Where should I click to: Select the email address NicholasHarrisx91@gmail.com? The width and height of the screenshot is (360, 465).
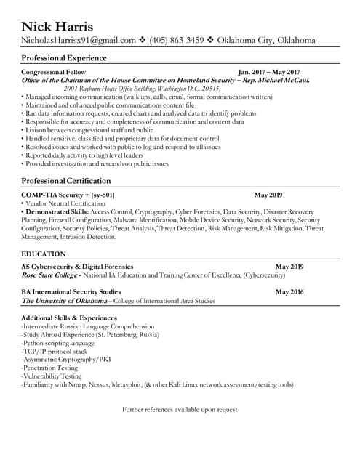point(79,41)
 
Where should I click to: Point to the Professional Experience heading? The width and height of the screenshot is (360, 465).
point(64,57)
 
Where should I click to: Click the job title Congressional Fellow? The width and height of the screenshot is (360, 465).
point(54,73)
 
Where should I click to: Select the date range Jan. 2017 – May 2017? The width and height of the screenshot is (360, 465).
point(269,73)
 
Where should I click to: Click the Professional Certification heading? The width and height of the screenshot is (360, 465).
point(66,180)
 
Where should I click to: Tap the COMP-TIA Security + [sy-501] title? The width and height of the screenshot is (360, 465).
point(68,195)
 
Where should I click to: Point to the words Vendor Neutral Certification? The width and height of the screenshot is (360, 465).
point(66,203)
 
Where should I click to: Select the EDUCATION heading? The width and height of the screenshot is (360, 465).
point(44,254)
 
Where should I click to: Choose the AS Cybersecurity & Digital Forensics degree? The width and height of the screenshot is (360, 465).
point(78,267)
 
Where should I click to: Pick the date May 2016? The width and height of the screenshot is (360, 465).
point(289,291)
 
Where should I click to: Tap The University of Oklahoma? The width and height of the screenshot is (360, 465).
point(64,300)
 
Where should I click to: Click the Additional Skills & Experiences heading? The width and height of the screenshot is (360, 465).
point(69,318)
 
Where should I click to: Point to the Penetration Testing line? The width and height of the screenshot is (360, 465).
point(51,368)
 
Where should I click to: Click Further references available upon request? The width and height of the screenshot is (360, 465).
point(180,410)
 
